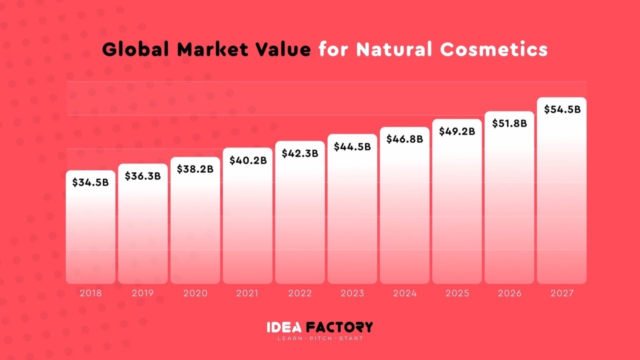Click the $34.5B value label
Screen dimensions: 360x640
point(90,182)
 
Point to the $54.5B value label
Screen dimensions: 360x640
point(562,109)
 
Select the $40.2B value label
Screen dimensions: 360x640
point(248,160)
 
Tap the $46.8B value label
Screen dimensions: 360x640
point(404,139)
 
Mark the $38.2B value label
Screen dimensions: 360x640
point(195,169)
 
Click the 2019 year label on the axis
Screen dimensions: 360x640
point(143,293)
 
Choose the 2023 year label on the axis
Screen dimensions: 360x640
point(352,293)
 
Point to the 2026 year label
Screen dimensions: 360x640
point(509,293)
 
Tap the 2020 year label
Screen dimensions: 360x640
point(195,293)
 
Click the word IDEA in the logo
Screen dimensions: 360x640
point(283,327)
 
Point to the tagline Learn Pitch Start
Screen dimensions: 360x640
point(320,338)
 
